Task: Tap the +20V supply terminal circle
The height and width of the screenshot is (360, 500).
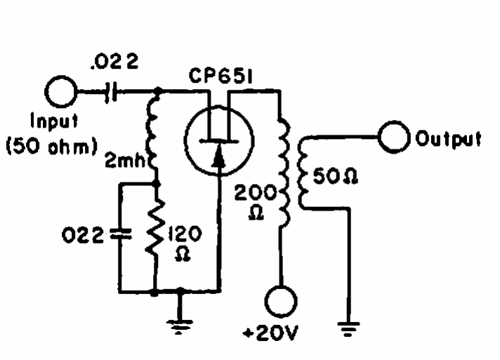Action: click(x=282, y=302)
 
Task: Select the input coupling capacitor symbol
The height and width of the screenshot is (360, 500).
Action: click(x=109, y=92)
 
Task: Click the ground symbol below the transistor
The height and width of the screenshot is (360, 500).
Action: click(x=181, y=323)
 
